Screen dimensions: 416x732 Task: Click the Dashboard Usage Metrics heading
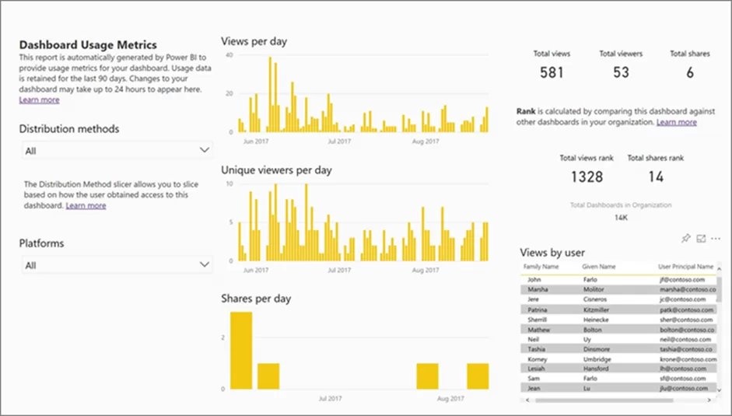coord(87,45)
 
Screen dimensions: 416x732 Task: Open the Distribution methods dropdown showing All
coord(115,150)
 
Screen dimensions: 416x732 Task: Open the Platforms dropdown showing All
coord(115,265)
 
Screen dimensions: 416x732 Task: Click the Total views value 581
coord(552,73)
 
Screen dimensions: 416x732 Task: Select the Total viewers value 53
coord(620,73)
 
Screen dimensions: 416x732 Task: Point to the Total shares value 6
coord(689,73)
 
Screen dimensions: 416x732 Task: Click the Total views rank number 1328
coord(587,177)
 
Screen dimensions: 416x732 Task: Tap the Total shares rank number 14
coord(656,177)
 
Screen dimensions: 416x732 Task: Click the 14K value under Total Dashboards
coord(621,218)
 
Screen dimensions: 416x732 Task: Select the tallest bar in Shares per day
coord(241,350)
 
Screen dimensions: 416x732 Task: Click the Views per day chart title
coord(254,41)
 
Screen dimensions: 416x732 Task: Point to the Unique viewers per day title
coord(276,169)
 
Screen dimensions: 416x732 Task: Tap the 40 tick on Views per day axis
coord(229,55)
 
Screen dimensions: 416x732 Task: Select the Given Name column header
coord(598,267)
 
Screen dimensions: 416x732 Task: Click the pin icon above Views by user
coord(686,238)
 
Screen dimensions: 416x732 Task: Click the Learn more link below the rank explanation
coord(676,122)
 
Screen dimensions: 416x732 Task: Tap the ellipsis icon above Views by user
coord(716,238)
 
